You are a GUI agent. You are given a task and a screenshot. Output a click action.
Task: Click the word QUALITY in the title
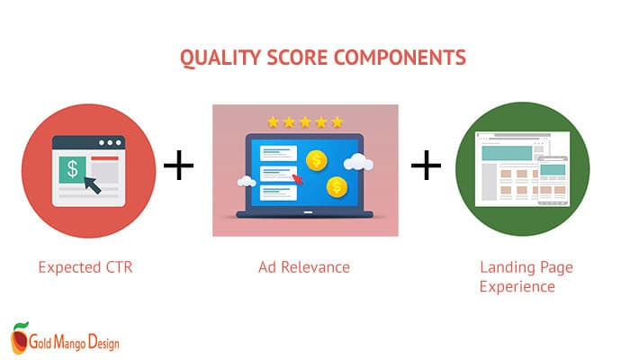[x=220, y=58]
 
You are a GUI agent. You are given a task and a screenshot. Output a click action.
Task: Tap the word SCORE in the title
[x=297, y=58]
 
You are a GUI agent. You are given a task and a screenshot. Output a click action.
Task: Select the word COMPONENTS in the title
[x=400, y=58]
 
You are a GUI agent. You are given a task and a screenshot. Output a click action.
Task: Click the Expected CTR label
[x=85, y=267]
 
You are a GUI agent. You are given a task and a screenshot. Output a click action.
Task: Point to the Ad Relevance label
[x=304, y=267]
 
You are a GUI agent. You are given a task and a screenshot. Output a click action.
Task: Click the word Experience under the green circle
[x=517, y=287]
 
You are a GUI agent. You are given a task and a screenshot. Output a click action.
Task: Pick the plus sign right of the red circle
[x=179, y=165]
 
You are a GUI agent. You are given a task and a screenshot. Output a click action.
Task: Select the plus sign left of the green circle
[x=426, y=165]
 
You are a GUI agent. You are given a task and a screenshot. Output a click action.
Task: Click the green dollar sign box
[x=72, y=169]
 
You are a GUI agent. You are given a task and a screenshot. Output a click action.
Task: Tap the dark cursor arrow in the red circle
[x=93, y=184]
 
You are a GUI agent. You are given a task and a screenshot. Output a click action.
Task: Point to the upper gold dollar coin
[x=317, y=160]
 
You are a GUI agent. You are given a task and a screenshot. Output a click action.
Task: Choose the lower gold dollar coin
[x=337, y=187]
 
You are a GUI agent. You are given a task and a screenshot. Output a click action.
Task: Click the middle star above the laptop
[x=305, y=121]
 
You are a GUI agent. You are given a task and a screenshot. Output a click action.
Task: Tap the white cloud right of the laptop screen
[x=358, y=162]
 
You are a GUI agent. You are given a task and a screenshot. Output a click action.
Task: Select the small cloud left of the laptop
[x=247, y=182]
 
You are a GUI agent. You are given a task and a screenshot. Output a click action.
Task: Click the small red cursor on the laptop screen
[x=298, y=179]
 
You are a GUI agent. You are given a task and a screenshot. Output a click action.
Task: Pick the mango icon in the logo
[x=19, y=337]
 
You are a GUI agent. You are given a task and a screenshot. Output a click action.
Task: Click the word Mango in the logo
[x=70, y=342]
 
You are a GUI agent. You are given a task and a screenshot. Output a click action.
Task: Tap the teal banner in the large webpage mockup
[x=507, y=154]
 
